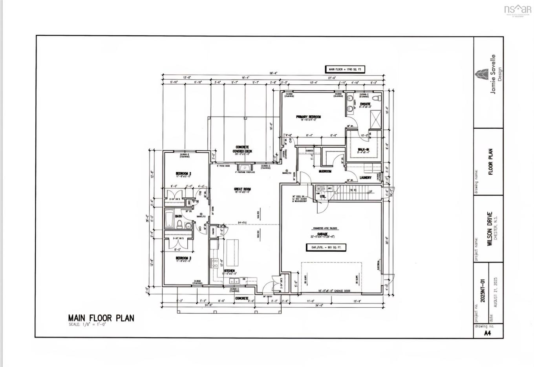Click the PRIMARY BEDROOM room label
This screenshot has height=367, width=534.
point(309,117)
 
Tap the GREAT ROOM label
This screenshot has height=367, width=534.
point(242,189)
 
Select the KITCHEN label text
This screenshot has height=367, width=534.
point(229,271)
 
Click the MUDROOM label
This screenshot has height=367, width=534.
point(325,171)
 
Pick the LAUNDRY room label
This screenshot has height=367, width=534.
point(366,177)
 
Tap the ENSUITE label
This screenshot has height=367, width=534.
point(366,104)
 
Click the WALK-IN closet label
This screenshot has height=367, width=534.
point(363,149)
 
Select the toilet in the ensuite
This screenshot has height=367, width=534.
point(377,98)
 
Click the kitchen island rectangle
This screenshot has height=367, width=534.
point(232,252)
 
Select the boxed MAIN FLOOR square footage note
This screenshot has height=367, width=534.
point(344,69)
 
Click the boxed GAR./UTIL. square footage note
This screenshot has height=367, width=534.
point(326,247)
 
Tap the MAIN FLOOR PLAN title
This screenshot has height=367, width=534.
point(101,318)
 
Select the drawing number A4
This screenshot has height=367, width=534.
point(487,333)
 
